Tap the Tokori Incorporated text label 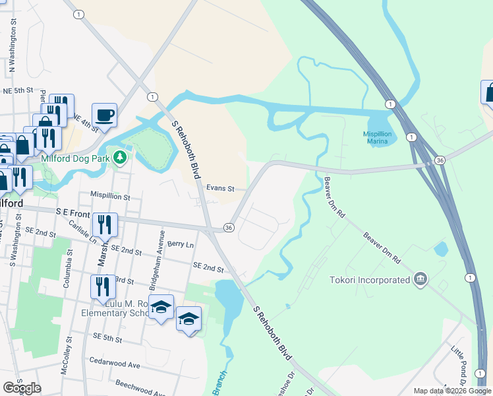click(x=370, y=280)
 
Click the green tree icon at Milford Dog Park click(x=119, y=157)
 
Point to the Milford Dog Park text click(x=73, y=158)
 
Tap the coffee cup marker click(x=104, y=115)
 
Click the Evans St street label click(x=220, y=188)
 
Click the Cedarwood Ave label click(x=115, y=364)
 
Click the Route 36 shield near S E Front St click(x=229, y=227)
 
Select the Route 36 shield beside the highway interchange click(x=440, y=160)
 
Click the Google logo click(x=22, y=388)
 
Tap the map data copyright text click(x=452, y=391)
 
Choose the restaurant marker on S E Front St click(x=104, y=225)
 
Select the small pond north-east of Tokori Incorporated click(x=441, y=249)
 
